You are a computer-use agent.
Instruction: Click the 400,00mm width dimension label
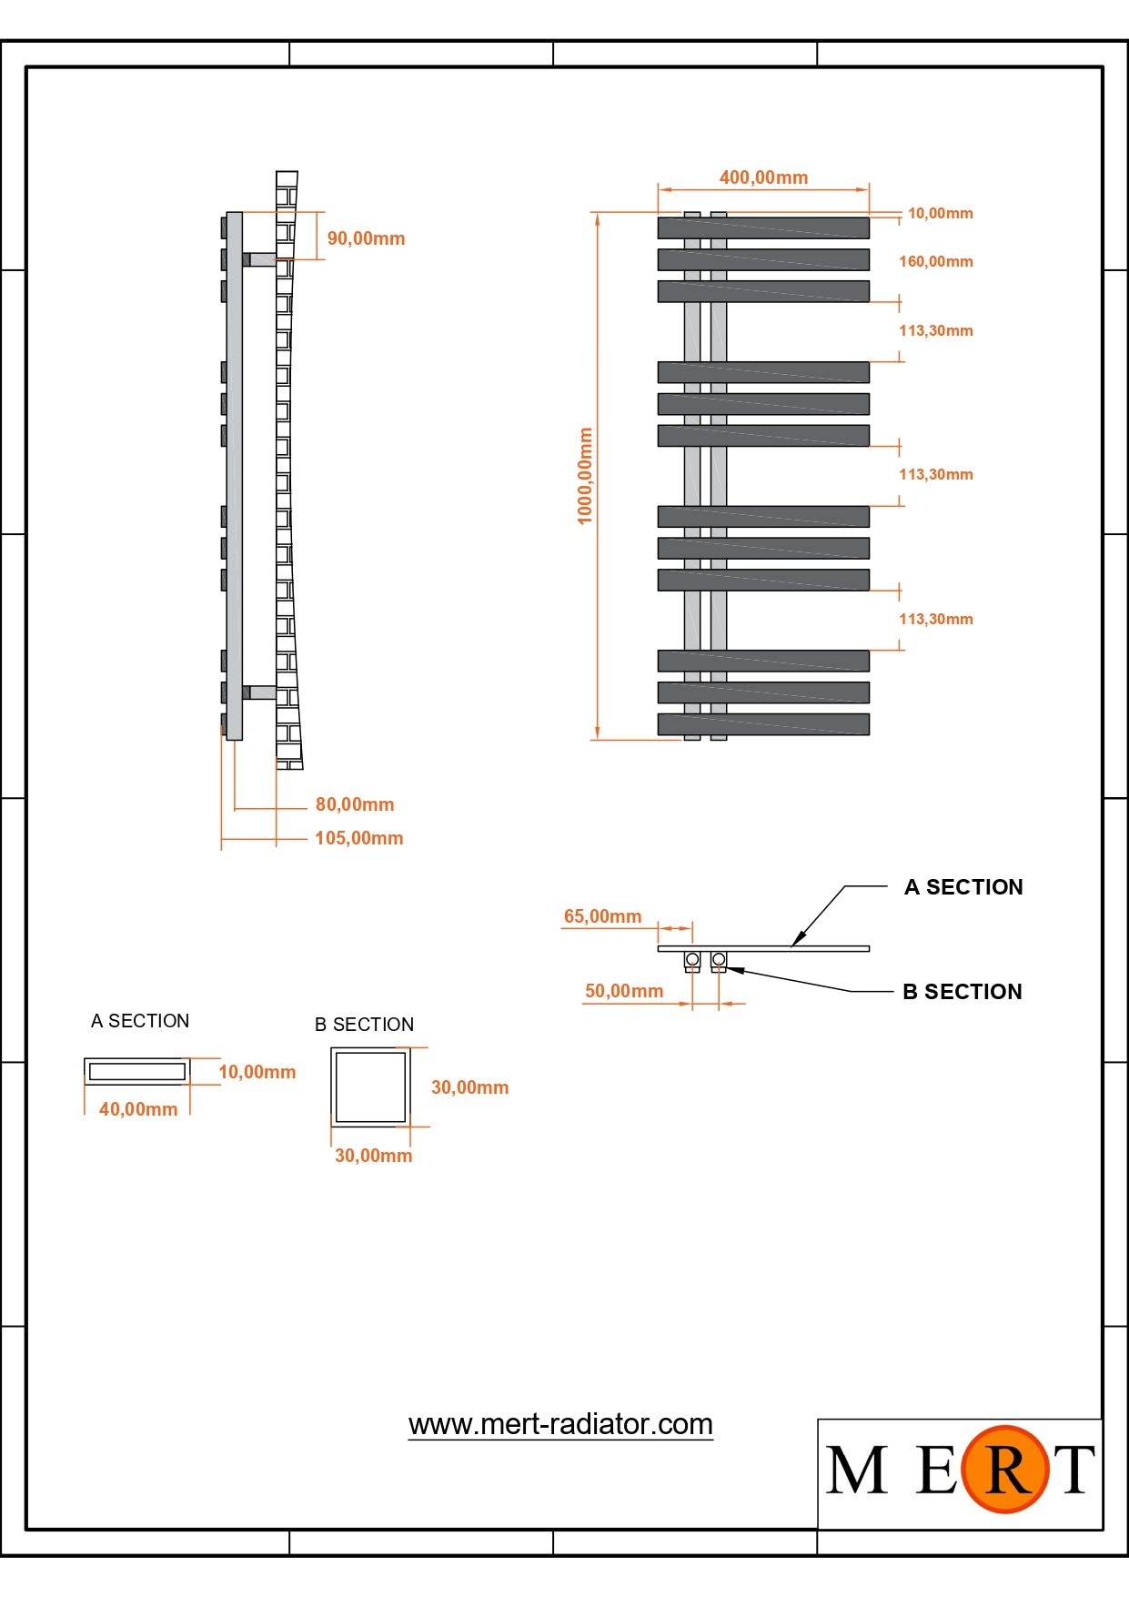pos(763,177)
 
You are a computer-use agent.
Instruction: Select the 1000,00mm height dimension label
pos(585,476)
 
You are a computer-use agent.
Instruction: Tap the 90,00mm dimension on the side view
pos(366,238)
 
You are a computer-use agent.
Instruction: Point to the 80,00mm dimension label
pos(355,804)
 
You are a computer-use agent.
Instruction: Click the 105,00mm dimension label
pos(358,838)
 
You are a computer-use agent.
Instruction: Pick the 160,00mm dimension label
pos(935,262)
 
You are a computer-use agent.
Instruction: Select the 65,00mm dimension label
pos(602,916)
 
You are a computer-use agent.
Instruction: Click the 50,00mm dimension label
pos(624,991)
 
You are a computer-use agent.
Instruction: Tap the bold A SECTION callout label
pos(963,887)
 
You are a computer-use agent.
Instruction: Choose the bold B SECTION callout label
pos(963,992)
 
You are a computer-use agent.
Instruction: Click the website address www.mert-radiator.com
pos(560,1424)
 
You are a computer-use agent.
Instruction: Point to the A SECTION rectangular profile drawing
pos(137,1071)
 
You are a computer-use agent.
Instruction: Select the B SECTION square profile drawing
pos(370,1087)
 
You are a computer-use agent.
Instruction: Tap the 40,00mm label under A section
pos(138,1109)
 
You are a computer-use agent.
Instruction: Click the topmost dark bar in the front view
pos(763,227)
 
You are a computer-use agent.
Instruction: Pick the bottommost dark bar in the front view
pos(763,724)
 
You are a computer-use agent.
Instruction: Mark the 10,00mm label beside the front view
pos(940,214)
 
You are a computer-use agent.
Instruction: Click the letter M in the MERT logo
pos(856,1470)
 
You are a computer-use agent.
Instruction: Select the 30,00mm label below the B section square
pos(373,1156)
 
